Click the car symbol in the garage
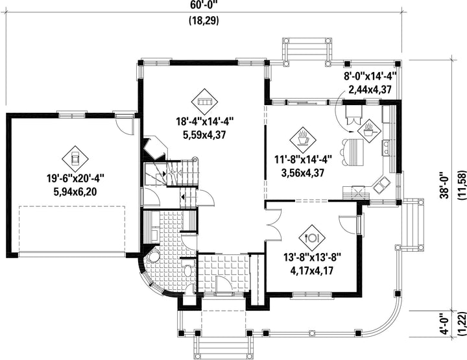[75, 159]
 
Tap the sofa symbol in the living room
[204, 102]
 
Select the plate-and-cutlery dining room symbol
[312, 237]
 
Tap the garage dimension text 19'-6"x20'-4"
[75, 178]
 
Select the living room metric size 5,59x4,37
[204, 135]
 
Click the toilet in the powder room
[188, 270]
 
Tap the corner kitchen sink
[381, 185]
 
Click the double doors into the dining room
[274, 224]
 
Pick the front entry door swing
[224, 284]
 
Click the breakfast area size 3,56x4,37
[303, 173]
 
